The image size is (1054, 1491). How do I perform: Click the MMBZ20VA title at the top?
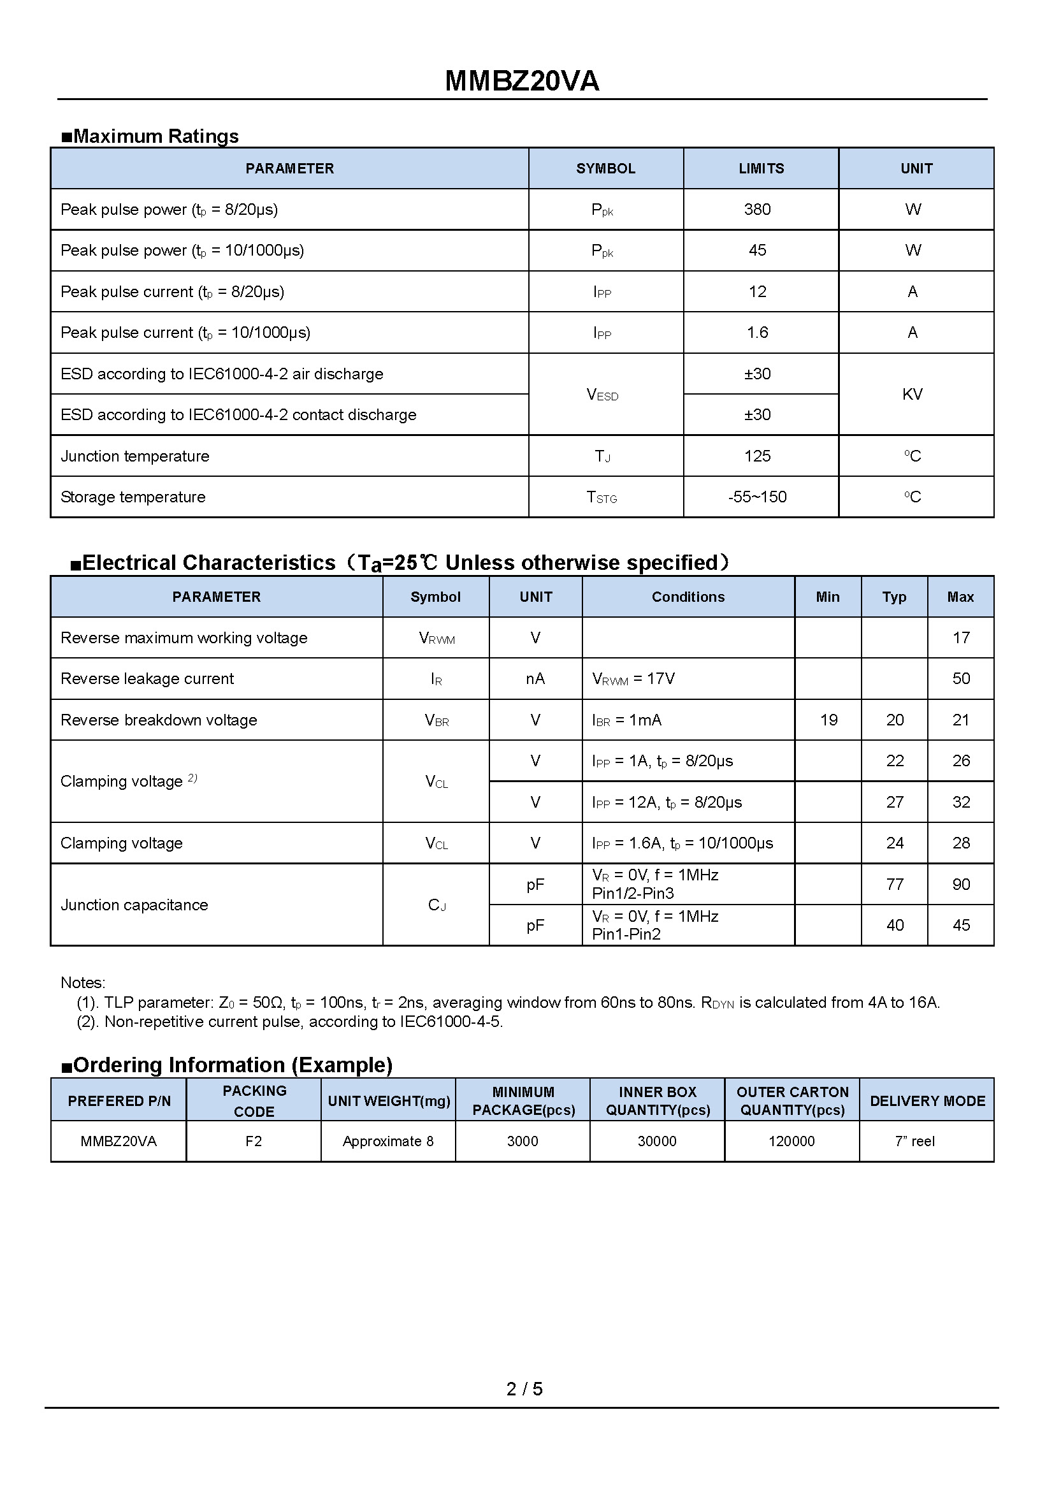point(522,81)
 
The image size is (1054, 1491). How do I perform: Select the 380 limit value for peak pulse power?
point(757,209)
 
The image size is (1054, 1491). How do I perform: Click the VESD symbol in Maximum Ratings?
point(602,395)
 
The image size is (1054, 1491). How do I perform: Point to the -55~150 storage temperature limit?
point(757,497)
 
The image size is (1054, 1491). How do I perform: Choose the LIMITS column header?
point(761,168)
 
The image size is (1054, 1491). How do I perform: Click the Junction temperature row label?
point(135,456)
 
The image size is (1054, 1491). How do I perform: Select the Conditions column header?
point(688,597)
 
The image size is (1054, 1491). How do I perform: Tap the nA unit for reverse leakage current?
point(535,679)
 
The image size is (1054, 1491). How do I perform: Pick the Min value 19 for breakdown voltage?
point(828,720)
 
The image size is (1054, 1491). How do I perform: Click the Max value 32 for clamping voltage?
point(960,802)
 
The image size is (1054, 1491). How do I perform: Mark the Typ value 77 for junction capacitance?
point(894,884)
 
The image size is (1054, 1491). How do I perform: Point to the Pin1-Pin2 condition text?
point(626,934)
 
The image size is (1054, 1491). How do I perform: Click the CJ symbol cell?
point(437,905)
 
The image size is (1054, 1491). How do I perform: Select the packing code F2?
point(253,1141)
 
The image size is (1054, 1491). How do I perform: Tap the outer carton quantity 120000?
point(791,1141)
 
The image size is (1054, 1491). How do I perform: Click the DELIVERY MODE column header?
point(927,1101)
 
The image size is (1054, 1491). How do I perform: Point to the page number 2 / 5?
point(524,1388)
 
